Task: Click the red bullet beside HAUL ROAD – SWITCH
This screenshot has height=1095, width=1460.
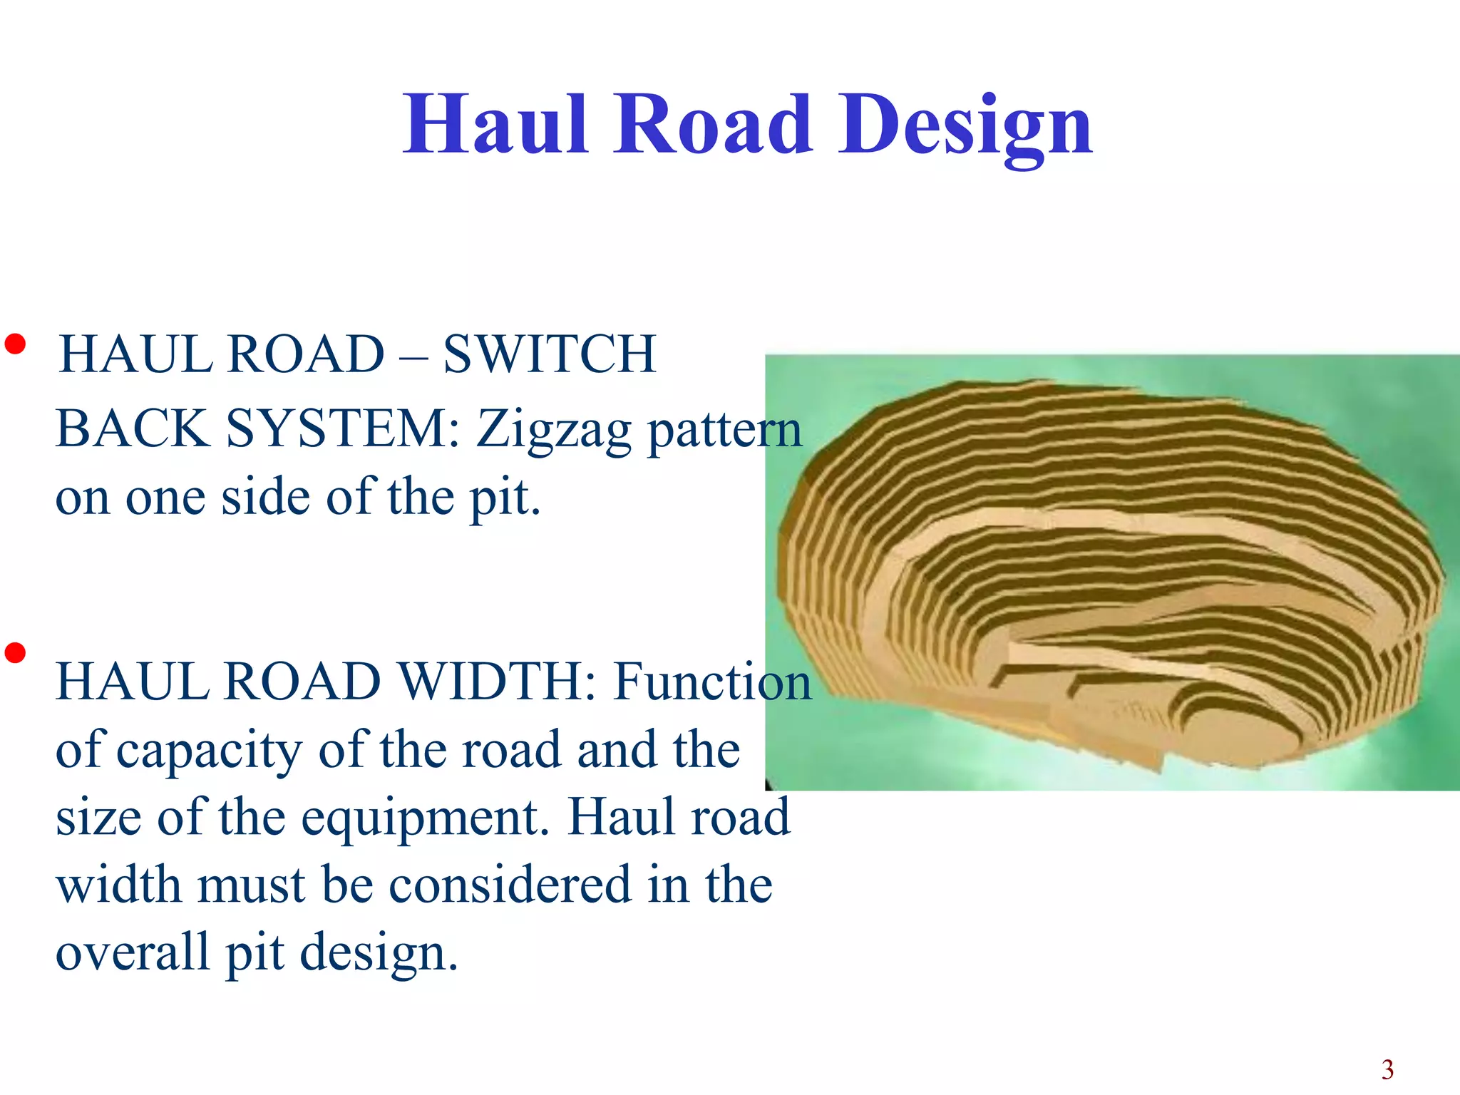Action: (x=15, y=345)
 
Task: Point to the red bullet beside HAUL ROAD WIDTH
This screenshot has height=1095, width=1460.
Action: (x=15, y=652)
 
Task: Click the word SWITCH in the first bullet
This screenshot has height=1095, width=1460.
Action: (x=549, y=354)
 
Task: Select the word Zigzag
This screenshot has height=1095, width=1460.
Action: (x=554, y=431)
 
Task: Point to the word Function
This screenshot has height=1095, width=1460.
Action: (x=713, y=682)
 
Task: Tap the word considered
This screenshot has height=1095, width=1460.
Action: (x=510, y=885)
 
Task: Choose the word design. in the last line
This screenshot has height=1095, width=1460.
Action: (x=379, y=954)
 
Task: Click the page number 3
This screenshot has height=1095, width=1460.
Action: (x=1387, y=1069)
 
